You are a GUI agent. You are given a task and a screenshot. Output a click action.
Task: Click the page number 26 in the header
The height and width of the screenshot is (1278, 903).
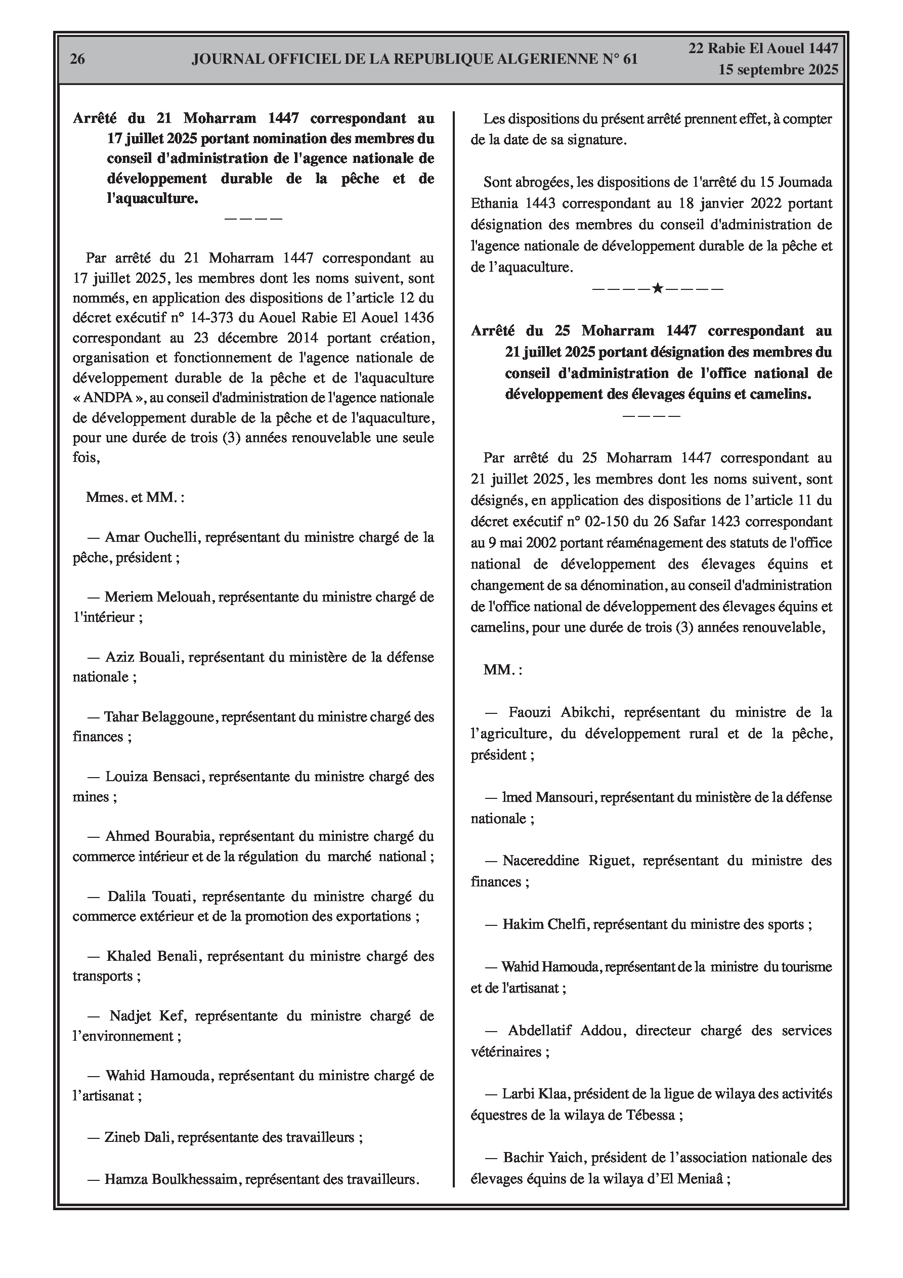pyautogui.click(x=77, y=59)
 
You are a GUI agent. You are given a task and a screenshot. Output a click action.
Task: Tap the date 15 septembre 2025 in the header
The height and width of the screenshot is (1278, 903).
pyautogui.click(x=778, y=70)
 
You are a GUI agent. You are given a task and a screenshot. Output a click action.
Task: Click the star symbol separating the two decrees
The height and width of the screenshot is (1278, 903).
pyautogui.click(x=658, y=289)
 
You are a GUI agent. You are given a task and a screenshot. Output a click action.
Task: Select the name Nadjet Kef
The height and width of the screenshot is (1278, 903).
pyautogui.click(x=143, y=1016)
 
